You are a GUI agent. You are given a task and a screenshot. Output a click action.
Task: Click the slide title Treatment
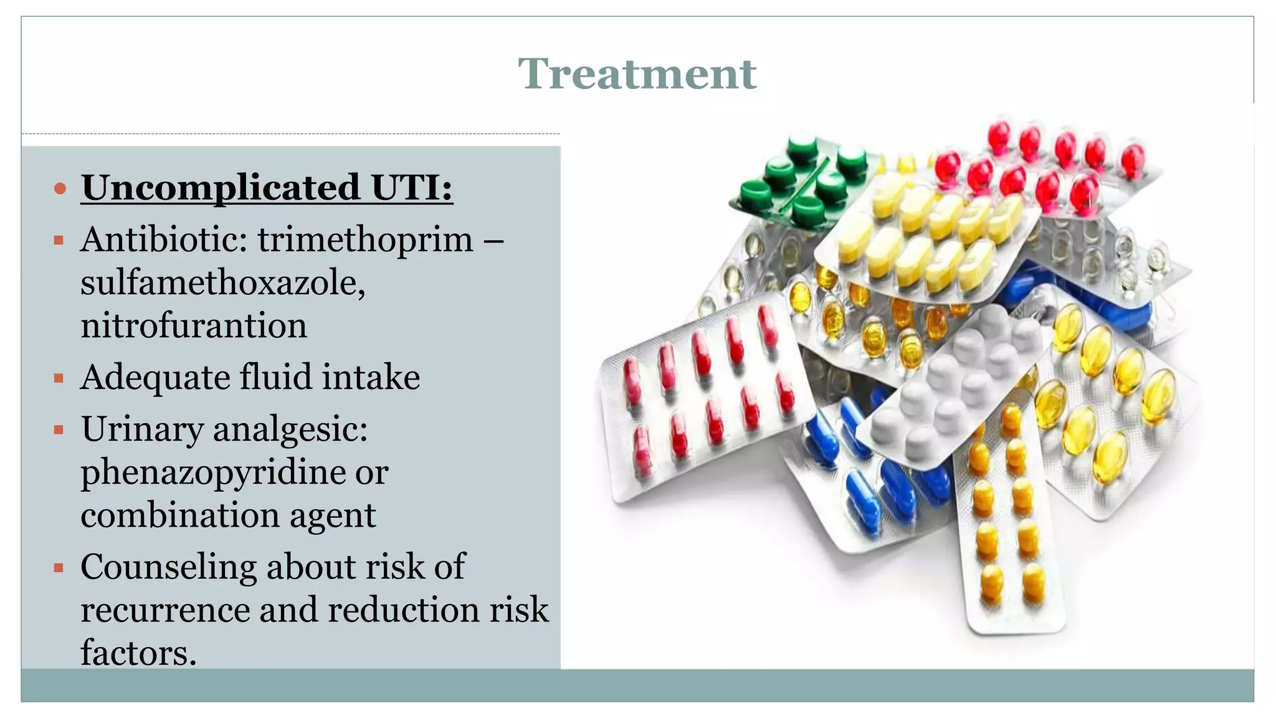tap(637, 74)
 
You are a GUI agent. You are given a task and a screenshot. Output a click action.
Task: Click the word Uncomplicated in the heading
tap(221, 188)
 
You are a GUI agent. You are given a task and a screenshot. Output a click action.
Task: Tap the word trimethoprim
tap(366, 240)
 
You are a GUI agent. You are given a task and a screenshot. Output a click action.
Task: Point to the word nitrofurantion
tap(194, 326)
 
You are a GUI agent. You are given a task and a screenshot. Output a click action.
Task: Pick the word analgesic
tap(290, 430)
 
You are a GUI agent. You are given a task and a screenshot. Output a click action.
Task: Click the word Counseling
tap(168, 567)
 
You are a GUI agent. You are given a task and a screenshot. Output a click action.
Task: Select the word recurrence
tap(164, 610)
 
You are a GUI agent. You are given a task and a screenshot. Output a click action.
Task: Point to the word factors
tap(138, 653)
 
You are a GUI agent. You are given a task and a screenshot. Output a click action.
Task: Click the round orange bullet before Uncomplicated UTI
tap(60, 188)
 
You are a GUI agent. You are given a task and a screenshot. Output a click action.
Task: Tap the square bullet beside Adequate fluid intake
tap(59, 378)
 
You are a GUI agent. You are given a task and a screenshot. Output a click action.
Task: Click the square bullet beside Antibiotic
tap(59, 241)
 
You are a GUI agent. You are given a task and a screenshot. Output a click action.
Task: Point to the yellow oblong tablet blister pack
tap(928, 237)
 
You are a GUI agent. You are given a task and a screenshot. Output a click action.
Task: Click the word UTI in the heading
tap(412, 188)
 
